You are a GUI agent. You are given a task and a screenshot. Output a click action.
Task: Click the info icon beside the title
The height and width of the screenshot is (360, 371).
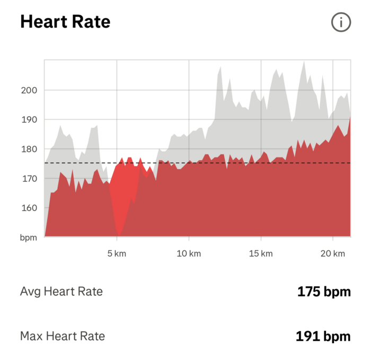coord(341,22)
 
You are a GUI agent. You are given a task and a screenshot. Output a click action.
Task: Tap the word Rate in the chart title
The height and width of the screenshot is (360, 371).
coord(92,22)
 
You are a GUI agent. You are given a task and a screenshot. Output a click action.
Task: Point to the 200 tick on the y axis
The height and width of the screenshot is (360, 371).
coord(29,90)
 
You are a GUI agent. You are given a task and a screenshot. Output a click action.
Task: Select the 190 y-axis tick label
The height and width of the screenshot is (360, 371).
coord(29,120)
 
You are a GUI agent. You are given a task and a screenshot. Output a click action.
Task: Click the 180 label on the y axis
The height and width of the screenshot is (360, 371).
coord(29,149)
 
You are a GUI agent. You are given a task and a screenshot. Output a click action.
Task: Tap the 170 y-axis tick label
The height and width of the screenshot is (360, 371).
coord(29,179)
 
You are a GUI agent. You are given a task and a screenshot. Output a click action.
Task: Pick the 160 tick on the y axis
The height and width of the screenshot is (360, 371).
coord(29,208)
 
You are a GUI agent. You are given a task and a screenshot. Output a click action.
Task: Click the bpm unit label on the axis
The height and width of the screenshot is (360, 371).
coord(29,238)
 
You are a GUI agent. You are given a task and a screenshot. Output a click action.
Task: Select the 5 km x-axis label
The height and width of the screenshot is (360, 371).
coord(116,253)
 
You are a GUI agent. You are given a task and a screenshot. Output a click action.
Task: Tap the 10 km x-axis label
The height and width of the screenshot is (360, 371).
coord(188,253)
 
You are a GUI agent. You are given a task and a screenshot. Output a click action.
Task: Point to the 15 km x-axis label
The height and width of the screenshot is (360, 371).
coord(260,253)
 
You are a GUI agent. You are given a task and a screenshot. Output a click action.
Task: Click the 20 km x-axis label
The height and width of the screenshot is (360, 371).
coord(333,253)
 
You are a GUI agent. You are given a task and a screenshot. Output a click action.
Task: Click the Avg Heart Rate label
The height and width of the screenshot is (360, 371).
coord(61,291)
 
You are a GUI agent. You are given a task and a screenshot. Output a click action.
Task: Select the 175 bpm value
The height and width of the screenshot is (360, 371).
coord(324,292)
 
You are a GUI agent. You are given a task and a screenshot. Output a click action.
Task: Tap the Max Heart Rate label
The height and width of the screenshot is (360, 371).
coord(63,336)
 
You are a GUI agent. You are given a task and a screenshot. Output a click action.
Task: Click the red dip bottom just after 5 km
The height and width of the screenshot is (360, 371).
coord(119,235)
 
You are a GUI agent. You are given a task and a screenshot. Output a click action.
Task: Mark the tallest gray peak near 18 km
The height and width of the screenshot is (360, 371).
coord(304,62)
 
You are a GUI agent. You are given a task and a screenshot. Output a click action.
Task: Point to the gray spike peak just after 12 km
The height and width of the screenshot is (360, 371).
coord(220,67)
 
